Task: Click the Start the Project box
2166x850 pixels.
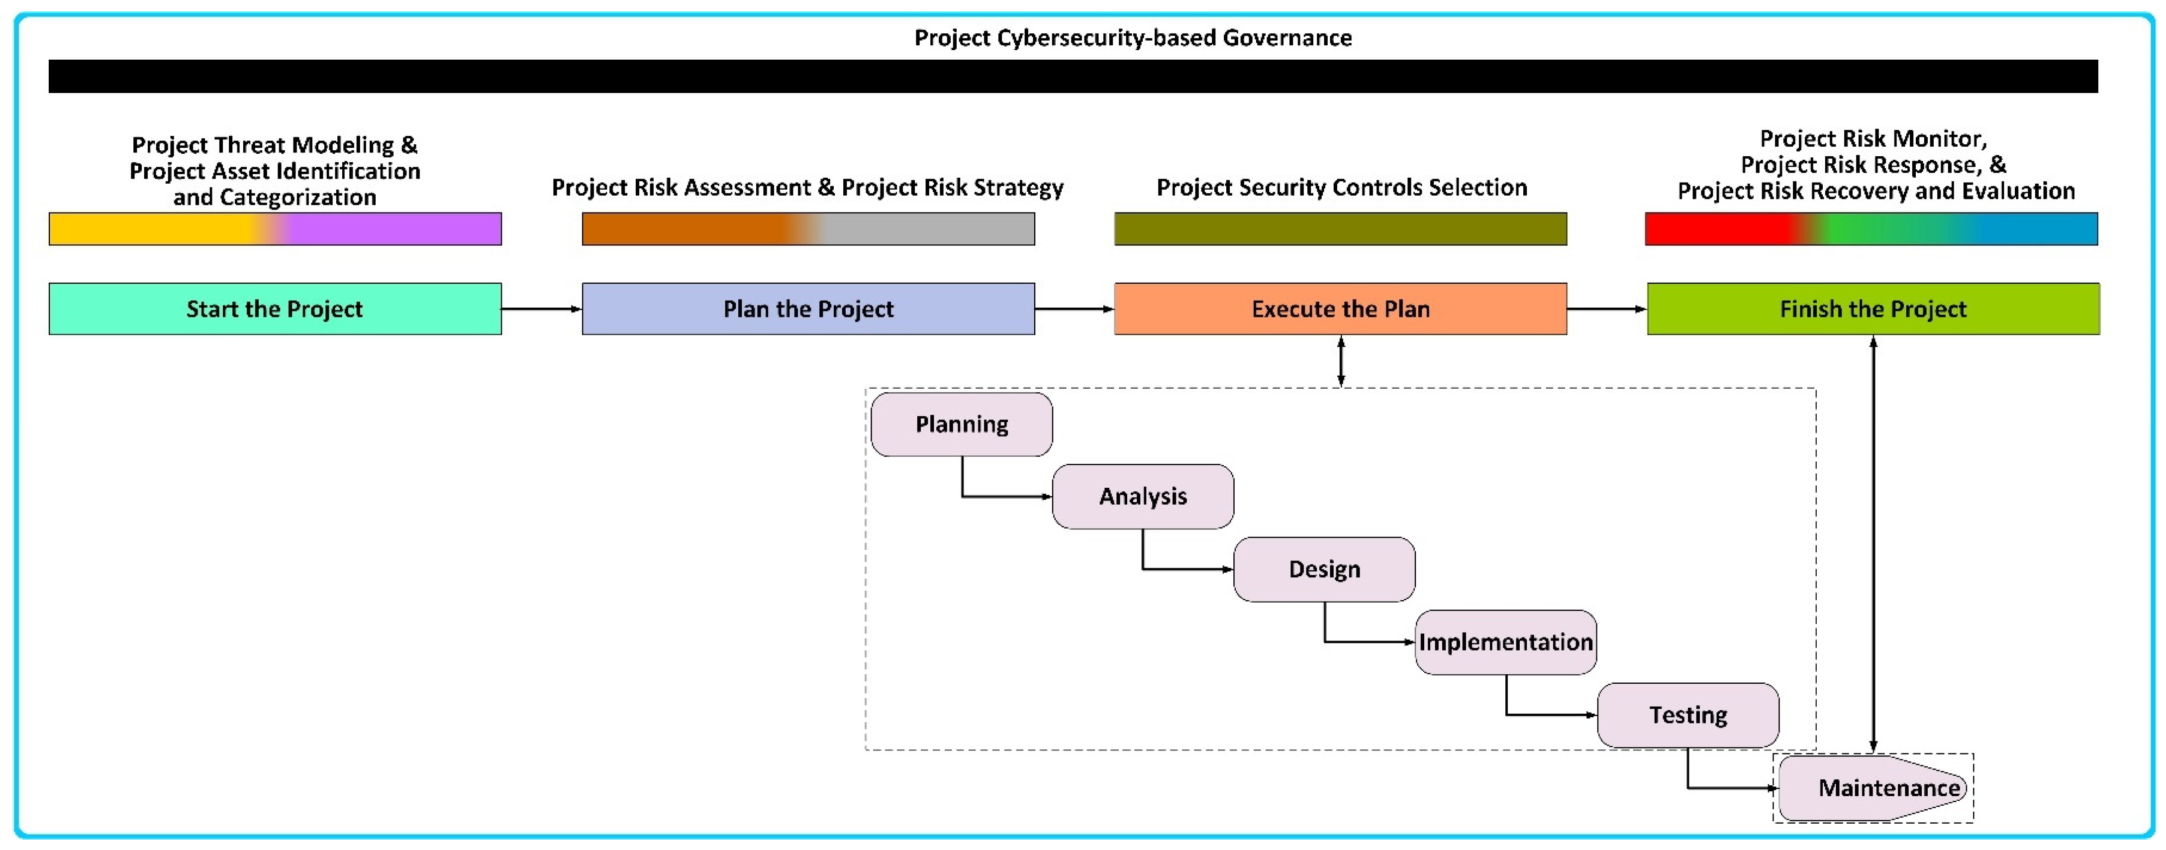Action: pos(275,309)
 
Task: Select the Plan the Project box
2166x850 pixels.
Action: pos(808,309)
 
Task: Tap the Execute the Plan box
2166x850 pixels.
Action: pos(1340,309)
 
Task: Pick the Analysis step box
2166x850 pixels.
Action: pos(1143,496)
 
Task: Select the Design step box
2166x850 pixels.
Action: pos(1324,569)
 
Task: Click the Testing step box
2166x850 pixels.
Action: pos(1687,715)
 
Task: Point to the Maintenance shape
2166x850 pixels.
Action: pos(1872,788)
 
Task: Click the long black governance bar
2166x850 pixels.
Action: pos(1073,76)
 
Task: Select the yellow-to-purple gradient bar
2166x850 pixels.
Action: pos(275,229)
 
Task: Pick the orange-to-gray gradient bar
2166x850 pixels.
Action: pos(808,229)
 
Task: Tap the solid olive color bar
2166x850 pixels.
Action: pos(1340,229)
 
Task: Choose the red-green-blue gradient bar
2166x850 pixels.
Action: pos(1871,229)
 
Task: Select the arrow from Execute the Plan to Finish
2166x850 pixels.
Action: pos(1607,309)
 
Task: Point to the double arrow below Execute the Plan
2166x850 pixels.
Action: pos(1340,361)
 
